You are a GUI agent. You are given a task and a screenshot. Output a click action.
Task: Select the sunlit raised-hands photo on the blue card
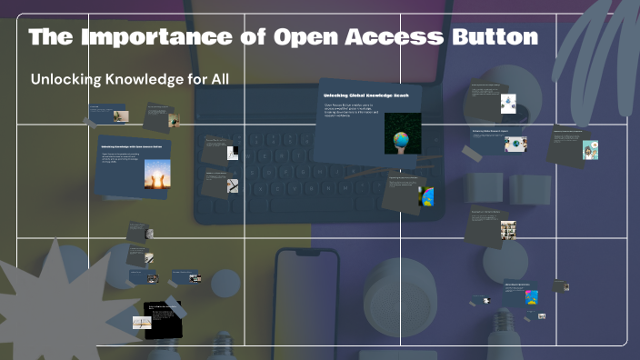pos(157,174)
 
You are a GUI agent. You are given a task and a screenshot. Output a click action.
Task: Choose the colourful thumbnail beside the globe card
pos(425,196)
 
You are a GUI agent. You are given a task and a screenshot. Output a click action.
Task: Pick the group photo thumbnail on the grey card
pos(507,229)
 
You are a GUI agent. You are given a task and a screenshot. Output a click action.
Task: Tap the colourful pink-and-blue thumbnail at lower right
pos(531,296)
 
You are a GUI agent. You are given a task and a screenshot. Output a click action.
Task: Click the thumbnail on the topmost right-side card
pos(507,105)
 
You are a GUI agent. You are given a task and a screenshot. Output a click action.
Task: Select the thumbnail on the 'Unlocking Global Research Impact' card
pos(515,144)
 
